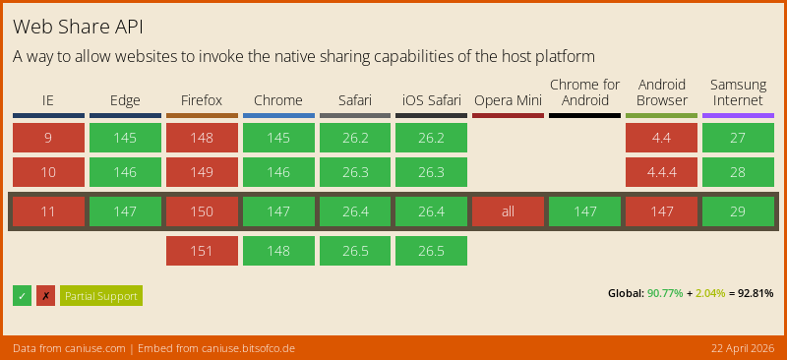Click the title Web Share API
[84, 25]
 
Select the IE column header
[48, 100]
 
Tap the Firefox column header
[202, 100]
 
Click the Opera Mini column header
[508, 100]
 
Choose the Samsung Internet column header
[738, 92]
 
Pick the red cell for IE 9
[48, 138]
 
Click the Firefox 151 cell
[202, 251]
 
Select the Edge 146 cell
[125, 172]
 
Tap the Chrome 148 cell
[278, 251]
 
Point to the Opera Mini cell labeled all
[508, 211]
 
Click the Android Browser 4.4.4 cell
[661, 172]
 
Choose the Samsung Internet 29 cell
[738, 211]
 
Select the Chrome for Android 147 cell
[584, 211]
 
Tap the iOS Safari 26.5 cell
[431, 251]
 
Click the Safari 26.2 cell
[354, 138]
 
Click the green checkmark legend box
[22, 295]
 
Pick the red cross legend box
[45, 295]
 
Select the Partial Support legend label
[101, 295]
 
